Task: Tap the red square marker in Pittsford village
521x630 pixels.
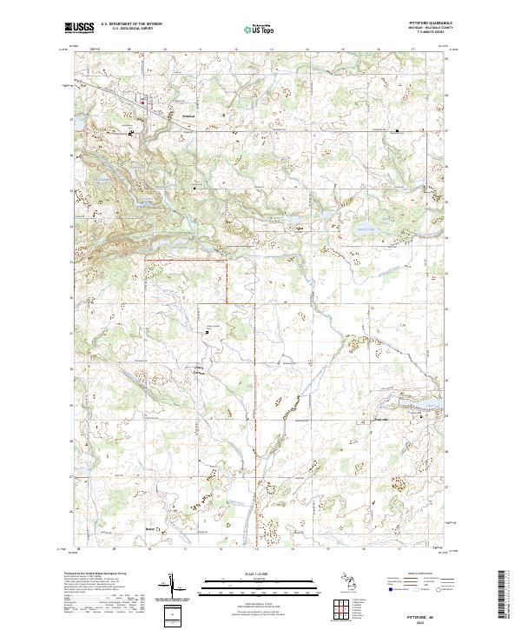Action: click(144, 103)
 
